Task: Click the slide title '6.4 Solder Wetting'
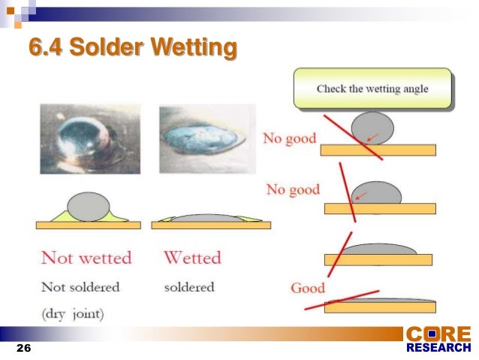pos(133,48)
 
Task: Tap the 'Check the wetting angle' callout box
pos(372,89)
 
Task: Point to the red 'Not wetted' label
pos(86,258)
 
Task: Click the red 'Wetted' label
pos(192,258)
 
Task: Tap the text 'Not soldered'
pos(80,287)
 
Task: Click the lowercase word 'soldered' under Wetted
pos(189,287)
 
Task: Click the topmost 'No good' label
pos(289,139)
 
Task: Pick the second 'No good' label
pos(293,189)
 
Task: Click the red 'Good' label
pos(308,288)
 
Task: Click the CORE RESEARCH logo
pos(438,339)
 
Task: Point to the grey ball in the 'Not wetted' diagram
pos(88,206)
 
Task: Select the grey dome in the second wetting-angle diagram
pos(376,193)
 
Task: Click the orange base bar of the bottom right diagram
pos(379,307)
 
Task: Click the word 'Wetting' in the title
pos(194,48)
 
